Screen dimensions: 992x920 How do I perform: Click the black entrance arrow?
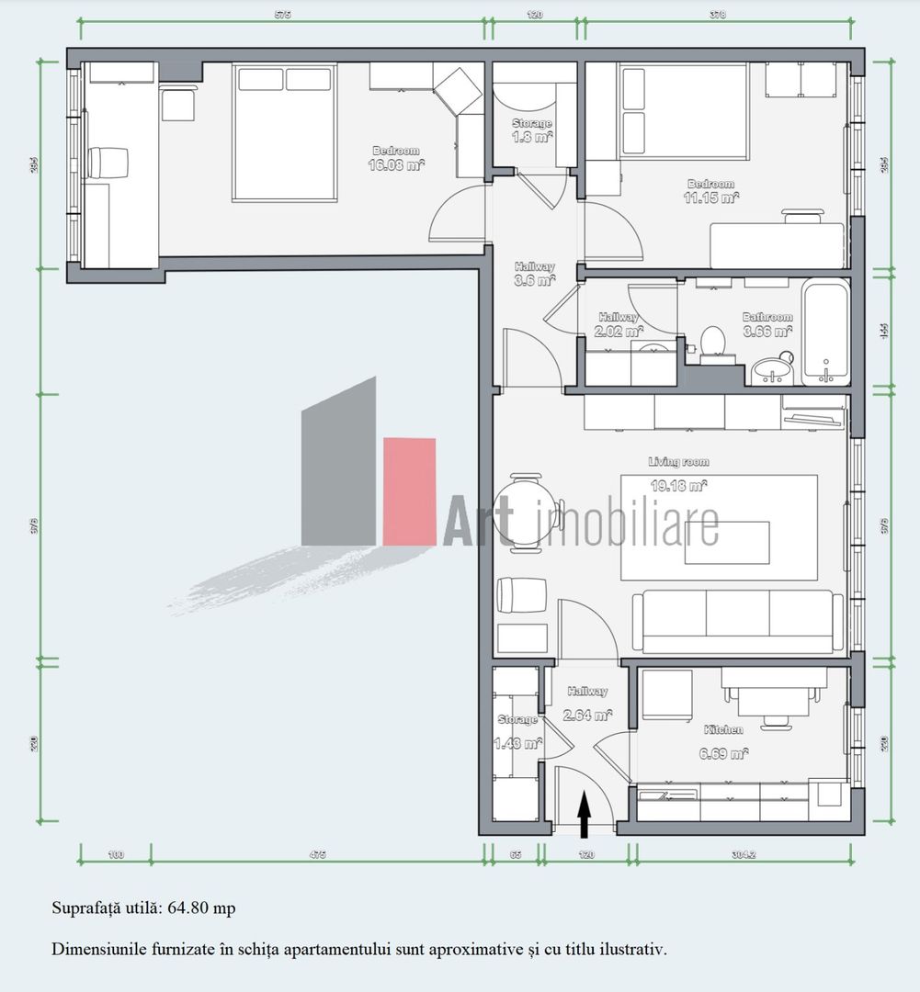584,817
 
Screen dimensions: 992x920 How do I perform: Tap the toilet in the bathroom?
713,342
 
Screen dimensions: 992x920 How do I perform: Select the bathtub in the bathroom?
825,333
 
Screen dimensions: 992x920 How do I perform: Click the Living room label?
678,462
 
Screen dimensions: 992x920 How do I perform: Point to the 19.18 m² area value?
678,485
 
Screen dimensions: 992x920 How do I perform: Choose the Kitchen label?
723,729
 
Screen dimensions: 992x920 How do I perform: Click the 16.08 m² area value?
396,166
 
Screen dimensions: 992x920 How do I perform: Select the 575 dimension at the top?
282,15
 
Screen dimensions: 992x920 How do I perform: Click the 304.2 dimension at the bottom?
744,855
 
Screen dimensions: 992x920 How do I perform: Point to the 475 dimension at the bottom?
317,855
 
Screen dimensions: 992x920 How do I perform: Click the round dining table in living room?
527,513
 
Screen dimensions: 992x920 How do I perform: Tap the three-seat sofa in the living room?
737,621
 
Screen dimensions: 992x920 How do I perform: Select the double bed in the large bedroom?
283,132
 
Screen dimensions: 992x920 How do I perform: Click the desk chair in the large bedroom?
108,163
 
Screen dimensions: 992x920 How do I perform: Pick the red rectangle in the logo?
409,491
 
